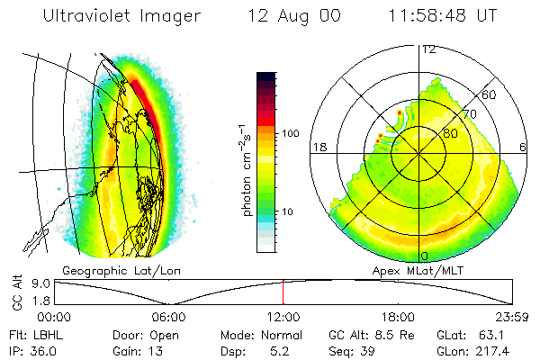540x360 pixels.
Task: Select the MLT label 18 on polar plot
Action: [318, 147]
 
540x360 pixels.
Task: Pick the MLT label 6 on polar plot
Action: [524, 147]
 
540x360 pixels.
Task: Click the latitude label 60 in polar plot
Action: [490, 94]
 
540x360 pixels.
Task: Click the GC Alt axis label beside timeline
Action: [15, 292]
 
